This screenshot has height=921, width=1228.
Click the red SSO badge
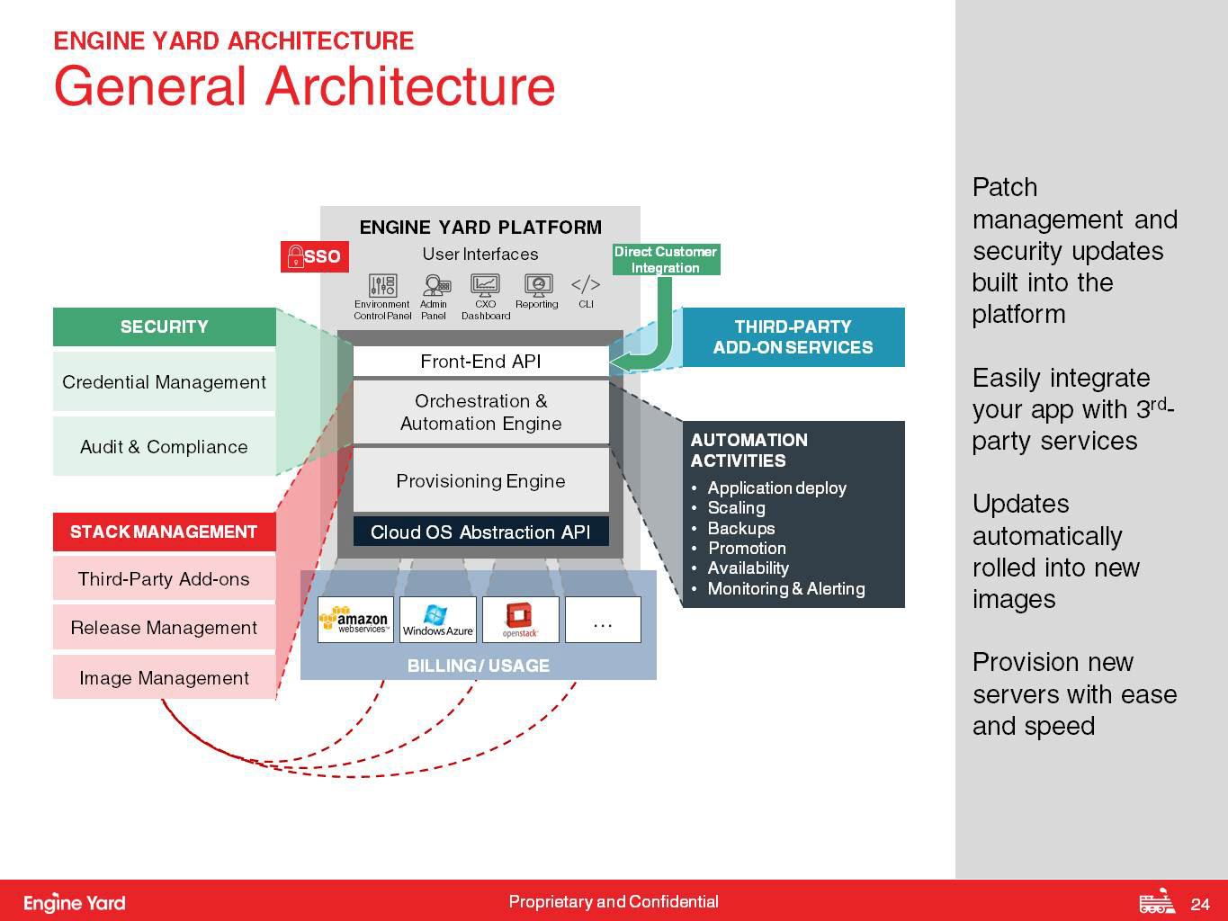pos(314,256)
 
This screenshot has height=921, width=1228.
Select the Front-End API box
pos(480,362)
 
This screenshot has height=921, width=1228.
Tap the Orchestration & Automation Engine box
pos(480,412)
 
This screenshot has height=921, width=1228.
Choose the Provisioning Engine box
pos(480,480)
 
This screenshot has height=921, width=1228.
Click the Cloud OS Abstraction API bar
pos(480,532)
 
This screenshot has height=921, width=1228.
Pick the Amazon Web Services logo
pos(355,620)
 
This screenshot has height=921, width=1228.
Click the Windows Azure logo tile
pos(438,620)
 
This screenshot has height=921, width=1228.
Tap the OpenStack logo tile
pos(520,620)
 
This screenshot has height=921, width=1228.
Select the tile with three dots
pos(603,620)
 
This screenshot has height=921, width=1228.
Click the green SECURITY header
pos(165,326)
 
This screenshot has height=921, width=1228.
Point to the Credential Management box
pos(165,382)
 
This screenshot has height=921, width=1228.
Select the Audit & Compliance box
pos(165,446)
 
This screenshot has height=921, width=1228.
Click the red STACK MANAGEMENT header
pos(165,532)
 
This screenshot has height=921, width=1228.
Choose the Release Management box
pos(165,627)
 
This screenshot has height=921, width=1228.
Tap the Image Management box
pos(165,677)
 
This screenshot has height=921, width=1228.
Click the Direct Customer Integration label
pos(666,259)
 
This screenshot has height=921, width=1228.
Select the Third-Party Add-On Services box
pos(793,337)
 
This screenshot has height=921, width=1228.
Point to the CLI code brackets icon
pos(586,284)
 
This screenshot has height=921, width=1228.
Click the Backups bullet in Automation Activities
pos(741,528)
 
